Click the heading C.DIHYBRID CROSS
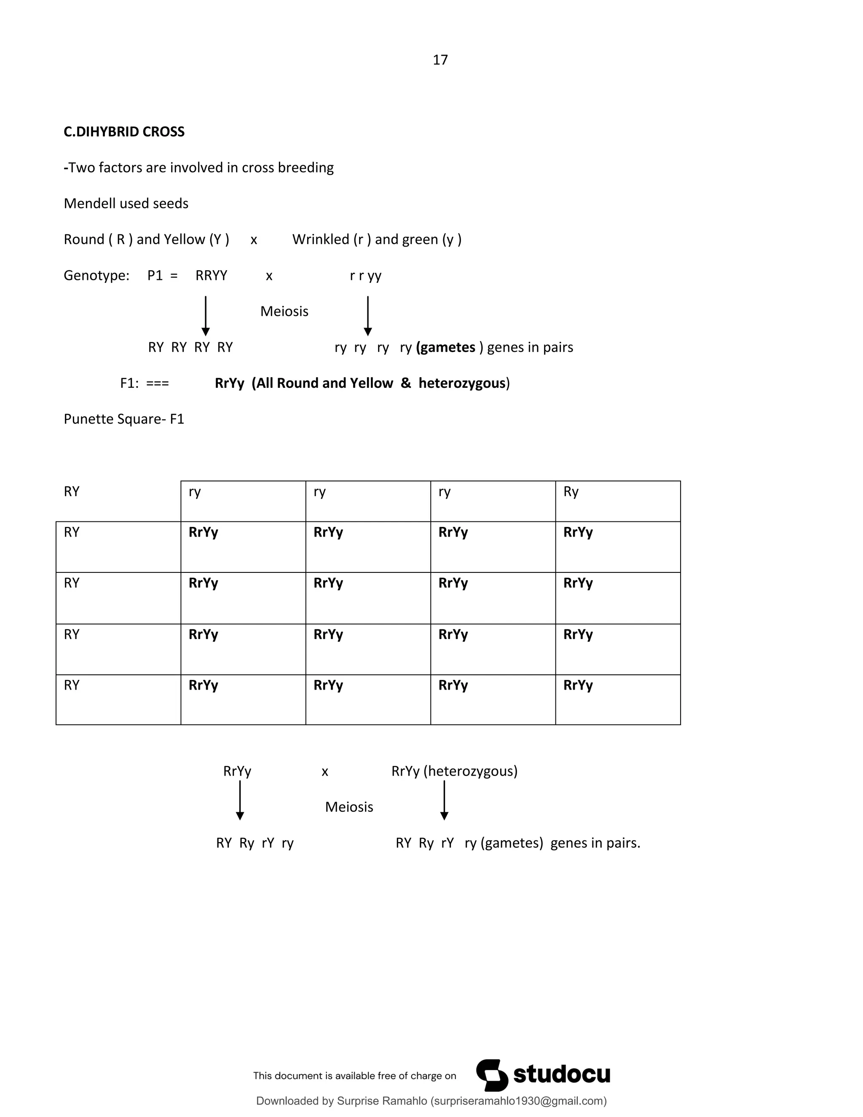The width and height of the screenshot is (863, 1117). [x=124, y=132]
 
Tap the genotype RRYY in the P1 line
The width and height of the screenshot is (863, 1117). [x=211, y=276]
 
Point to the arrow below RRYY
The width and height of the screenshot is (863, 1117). [x=206, y=316]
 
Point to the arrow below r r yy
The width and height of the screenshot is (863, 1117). [x=367, y=316]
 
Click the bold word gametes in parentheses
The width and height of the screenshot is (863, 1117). [x=446, y=347]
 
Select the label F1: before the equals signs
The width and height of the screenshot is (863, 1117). [x=129, y=383]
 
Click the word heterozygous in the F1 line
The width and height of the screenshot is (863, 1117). [x=462, y=383]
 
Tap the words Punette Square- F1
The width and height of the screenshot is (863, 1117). [x=124, y=419]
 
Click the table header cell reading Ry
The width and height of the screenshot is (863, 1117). [x=571, y=492]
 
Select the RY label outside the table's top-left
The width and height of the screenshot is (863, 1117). [x=72, y=492]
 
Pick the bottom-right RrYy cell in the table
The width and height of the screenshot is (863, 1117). [x=578, y=685]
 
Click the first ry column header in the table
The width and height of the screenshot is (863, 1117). [x=195, y=492]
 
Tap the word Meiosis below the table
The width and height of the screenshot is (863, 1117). [x=349, y=807]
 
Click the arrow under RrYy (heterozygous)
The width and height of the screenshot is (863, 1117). [x=444, y=800]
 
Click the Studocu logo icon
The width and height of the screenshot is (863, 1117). [x=492, y=1075]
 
